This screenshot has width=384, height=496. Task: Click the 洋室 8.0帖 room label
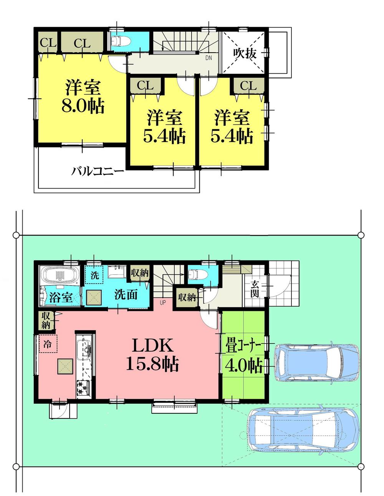[83, 96]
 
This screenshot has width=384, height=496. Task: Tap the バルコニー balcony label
[98, 171]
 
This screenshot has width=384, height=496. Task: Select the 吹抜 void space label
[245, 53]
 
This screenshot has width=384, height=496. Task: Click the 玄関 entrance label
[254, 289]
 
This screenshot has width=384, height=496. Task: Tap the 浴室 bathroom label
[61, 297]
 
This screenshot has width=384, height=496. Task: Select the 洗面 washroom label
[126, 295]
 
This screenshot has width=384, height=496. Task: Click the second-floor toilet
[120, 41]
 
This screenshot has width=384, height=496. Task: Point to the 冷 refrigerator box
[48, 343]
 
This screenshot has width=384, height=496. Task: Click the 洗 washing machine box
[94, 275]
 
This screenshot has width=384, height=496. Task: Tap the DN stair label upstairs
[208, 58]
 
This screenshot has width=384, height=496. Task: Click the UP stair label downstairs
[163, 302]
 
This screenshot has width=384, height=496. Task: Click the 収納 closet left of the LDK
[46, 321]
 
